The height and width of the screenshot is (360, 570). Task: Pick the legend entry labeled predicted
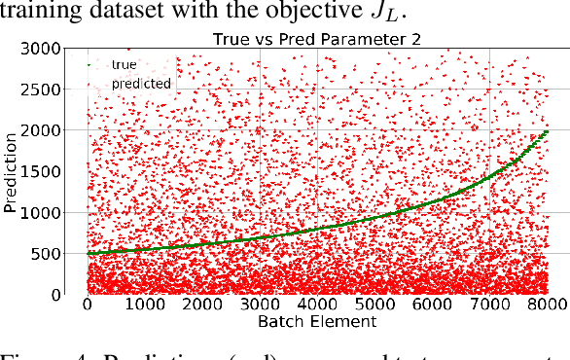tap(141, 84)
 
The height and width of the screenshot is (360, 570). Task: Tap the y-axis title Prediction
tap(12, 171)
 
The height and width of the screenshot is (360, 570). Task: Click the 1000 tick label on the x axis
tap(145, 305)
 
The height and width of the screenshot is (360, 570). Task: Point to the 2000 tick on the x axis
tap(202, 305)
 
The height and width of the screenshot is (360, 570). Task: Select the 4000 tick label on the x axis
tap(318, 305)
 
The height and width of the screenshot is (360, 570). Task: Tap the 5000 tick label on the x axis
tap(375, 305)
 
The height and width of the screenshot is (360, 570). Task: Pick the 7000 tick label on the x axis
tap(491, 305)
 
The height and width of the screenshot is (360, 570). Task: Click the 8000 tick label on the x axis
tap(549, 305)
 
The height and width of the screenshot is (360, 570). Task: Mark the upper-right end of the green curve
tap(549, 130)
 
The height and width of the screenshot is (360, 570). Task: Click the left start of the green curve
tap(88, 253)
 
